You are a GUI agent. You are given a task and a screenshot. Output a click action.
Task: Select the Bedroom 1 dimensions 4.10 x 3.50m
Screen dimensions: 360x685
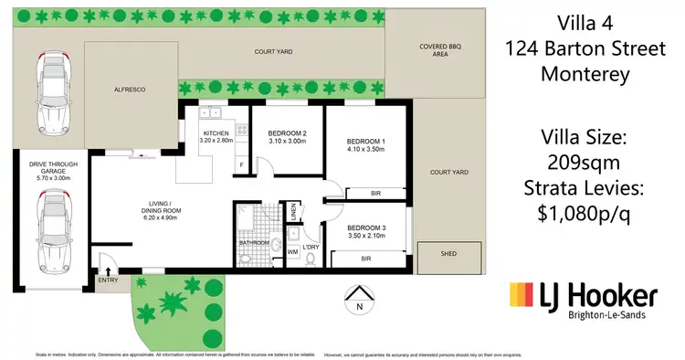pyautogui.click(x=365, y=150)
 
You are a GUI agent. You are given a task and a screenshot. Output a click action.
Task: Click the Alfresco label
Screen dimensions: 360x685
pyautogui.click(x=131, y=90)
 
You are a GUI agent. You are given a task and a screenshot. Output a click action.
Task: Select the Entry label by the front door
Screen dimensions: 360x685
pyautogui.click(x=108, y=281)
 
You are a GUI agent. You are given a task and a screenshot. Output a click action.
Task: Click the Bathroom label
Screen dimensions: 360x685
pyautogui.click(x=255, y=243)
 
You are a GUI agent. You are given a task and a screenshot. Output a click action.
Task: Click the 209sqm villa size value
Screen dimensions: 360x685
pyautogui.click(x=585, y=163)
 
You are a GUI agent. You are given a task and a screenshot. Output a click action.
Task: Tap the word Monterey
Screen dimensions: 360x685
pyautogui.click(x=585, y=76)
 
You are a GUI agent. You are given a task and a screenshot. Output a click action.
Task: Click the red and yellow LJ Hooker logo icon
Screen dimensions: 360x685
pyautogui.click(x=522, y=297)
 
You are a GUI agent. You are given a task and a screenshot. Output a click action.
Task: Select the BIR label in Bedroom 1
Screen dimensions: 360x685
pyautogui.click(x=375, y=193)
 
